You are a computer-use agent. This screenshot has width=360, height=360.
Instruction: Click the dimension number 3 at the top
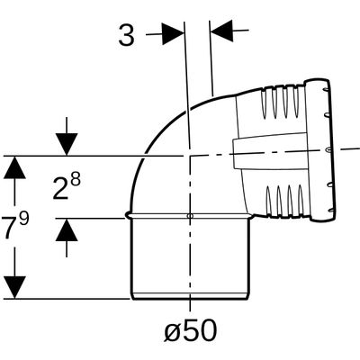[x=126, y=35]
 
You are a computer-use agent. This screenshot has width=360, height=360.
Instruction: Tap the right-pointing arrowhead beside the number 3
[x=173, y=33]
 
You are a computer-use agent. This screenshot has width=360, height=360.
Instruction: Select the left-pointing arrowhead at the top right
[x=221, y=31]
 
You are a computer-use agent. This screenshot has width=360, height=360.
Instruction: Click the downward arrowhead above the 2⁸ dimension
[x=67, y=144]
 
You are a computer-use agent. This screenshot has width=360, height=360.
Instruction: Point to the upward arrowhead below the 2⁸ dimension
[x=67, y=229]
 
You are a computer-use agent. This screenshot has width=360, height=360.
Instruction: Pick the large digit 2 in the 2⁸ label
[x=60, y=189]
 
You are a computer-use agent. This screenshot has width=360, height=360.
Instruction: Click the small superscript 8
[x=76, y=181]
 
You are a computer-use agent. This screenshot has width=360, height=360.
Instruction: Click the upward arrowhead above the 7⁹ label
[x=14, y=167]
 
